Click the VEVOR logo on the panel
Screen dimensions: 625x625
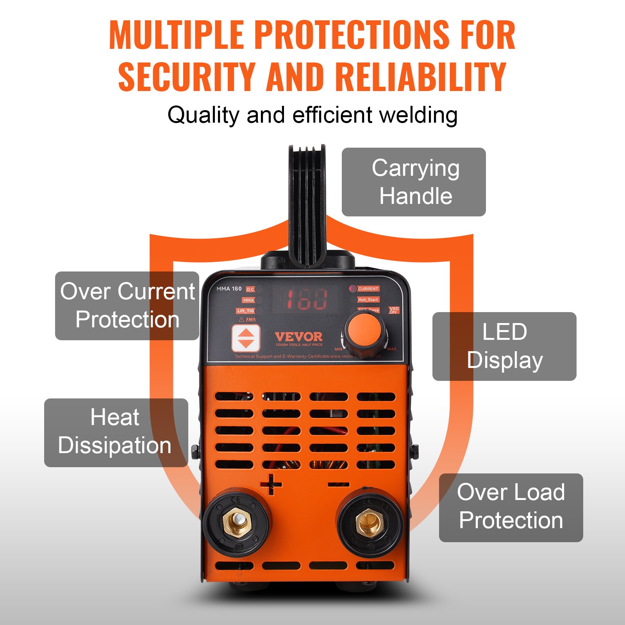coord(299,337)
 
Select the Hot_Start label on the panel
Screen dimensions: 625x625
coord(368,300)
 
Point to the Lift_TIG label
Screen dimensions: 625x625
coord(245,311)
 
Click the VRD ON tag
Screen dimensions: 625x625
coord(394,310)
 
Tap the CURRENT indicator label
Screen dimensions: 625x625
coord(368,289)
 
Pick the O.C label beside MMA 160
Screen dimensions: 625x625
coord(250,289)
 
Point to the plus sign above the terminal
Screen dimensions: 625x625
coord(271,485)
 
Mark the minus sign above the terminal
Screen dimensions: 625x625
coord(338,485)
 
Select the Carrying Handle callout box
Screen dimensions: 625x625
coord(414,182)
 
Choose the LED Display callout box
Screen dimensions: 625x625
coord(504,346)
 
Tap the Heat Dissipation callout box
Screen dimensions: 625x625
coord(116,432)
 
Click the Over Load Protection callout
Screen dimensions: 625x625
coord(511,507)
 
